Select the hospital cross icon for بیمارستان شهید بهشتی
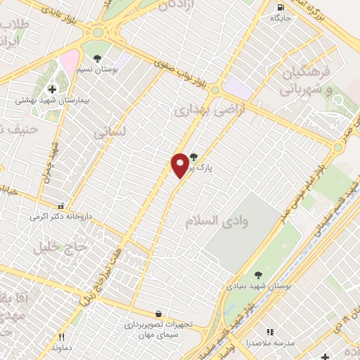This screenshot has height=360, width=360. pyautogui.click(x=52, y=89)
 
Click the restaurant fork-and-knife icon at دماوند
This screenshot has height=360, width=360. pyautogui.click(x=62, y=337)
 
